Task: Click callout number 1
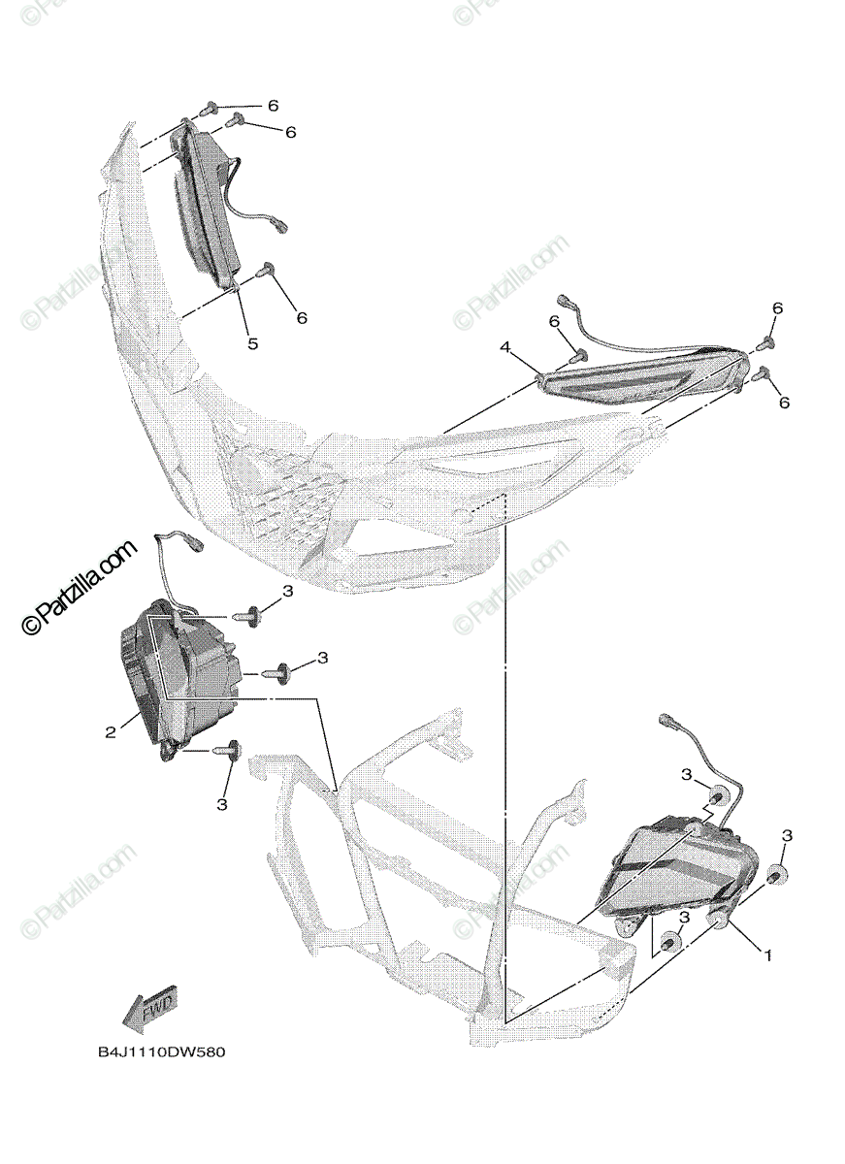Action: coord(768,955)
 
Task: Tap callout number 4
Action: coord(505,346)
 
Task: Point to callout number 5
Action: coord(252,343)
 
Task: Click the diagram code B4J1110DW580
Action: coord(160,1052)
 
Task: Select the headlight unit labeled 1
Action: coord(679,868)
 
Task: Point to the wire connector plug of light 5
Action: coord(282,227)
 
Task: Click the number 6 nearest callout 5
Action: coord(302,317)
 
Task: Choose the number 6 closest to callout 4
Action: coord(554,321)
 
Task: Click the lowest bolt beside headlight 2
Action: coord(231,750)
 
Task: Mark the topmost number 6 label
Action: coord(273,105)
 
